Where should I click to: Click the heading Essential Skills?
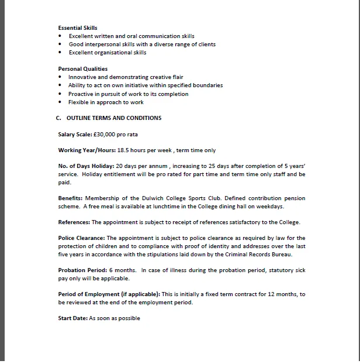pyautogui.click(x=78, y=28)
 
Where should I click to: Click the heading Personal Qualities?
pyautogui.click(x=82, y=69)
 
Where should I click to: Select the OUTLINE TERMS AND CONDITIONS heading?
pyautogui.click(x=114, y=118)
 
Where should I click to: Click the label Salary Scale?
pyautogui.click(x=74, y=135)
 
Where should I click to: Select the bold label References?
pyautogui.click(x=74, y=222)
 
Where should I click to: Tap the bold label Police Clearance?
pyautogui.click(x=81, y=238)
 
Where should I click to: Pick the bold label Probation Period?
pyautogui.click(x=81, y=270)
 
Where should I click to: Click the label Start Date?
pyautogui.click(x=73, y=318)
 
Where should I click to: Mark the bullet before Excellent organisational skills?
pyautogui.click(x=60, y=53)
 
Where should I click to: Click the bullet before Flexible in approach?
pyautogui.click(x=60, y=102)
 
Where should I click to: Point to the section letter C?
pyautogui.click(x=58, y=118)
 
